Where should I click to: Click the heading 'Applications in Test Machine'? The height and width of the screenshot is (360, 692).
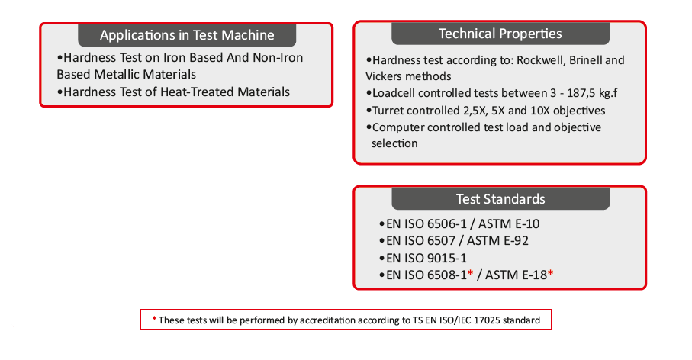pyautogui.click(x=187, y=35)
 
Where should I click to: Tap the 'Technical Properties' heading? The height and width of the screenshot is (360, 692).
pyautogui.click(x=500, y=34)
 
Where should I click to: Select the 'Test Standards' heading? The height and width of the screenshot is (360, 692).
pyautogui.click(x=500, y=199)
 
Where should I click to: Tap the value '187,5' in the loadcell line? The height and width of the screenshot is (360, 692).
pyautogui.click(x=581, y=94)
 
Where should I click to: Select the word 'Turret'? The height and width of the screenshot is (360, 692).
pyautogui.click(x=388, y=111)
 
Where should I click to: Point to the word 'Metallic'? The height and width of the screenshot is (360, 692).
pyautogui.click(x=116, y=74)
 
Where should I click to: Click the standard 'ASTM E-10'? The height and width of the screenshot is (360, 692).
pyautogui.click(x=509, y=224)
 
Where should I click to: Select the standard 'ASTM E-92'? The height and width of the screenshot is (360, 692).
pyautogui.click(x=497, y=241)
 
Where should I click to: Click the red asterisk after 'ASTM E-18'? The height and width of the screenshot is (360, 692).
pyautogui.click(x=550, y=274)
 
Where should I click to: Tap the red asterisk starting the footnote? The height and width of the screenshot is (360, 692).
pyautogui.click(x=154, y=319)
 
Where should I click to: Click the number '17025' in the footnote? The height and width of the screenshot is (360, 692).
pyautogui.click(x=486, y=320)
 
